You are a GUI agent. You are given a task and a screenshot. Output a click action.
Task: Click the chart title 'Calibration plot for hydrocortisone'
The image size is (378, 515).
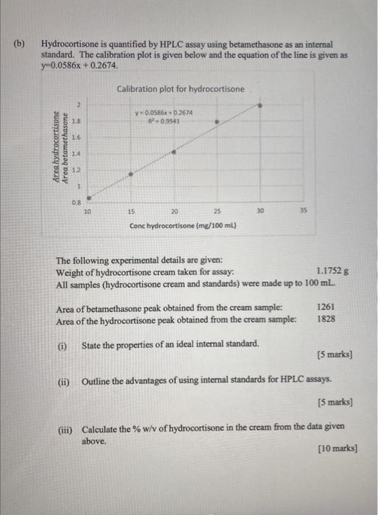[x=180, y=89]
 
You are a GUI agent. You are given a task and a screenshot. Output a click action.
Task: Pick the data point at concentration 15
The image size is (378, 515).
[x=132, y=174]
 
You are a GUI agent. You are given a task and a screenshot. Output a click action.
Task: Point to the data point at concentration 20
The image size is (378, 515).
[x=174, y=152]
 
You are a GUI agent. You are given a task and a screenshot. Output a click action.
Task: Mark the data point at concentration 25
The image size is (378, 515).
[x=216, y=122]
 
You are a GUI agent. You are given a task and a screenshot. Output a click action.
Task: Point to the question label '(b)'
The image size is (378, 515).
[x=21, y=43]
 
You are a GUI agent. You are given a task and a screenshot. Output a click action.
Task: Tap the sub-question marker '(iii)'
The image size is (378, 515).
[x=66, y=429]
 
